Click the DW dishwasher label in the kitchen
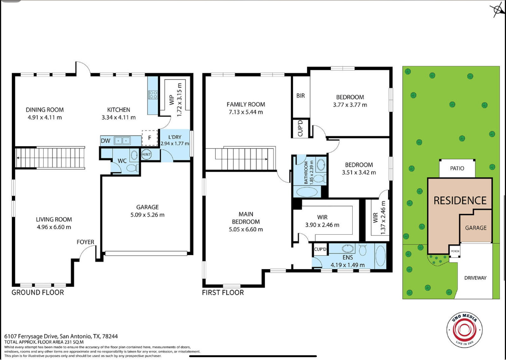[x=106, y=141]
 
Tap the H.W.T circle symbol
[x=146, y=155]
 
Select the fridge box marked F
[x=150, y=138]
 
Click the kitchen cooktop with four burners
[x=153, y=95]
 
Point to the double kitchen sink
[x=122, y=140]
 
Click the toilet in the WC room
[x=132, y=168]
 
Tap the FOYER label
[x=85, y=242]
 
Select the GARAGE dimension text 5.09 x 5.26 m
[x=147, y=215]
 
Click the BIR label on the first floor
[x=301, y=96]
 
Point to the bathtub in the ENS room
[x=380, y=256]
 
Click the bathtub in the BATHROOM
[x=307, y=192]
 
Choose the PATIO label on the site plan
[x=457, y=168]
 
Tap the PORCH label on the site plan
[x=455, y=251]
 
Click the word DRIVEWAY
[x=475, y=278]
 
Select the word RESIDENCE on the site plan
[x=460, y=201]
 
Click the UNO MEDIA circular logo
[x=465, y=330]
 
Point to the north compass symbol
[x=497, y=10]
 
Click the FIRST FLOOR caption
[x=223, y=293]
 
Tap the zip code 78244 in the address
[x=110, y=337]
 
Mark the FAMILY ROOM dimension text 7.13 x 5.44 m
[x=246, y=112]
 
